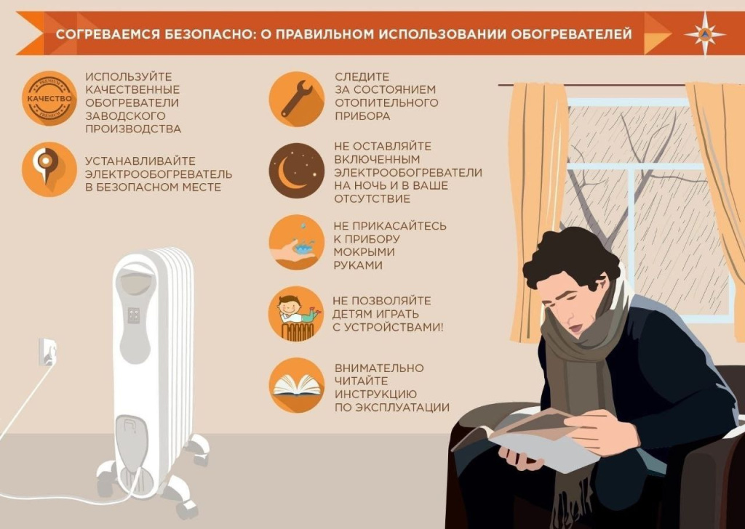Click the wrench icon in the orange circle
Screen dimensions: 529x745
pyautogui.click(x=296, y=99)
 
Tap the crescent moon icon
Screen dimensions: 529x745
pyautogui.click(x=296, y=171)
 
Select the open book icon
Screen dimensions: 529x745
pyautogui.click(x=296, y=386)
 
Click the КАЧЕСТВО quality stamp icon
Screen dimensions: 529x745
pyautogui.click(x=49, y=99)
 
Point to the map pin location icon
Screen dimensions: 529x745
pyautogui.click(x=49, y=169)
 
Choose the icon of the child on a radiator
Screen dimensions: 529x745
pyautogui.click(x=296, y=314)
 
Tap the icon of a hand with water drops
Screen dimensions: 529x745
pyautogui.click(x=296, y=243)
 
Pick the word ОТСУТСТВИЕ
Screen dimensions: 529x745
pyautogui.click(x=372, y=198)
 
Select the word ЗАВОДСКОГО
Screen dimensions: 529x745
pyautogui.click(x=124, y=116)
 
